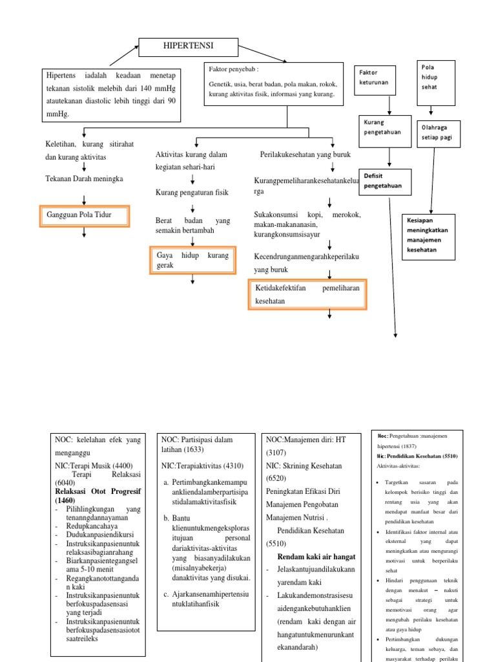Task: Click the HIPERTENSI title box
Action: [x=190, y=46]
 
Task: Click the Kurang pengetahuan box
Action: [x=384, y=127]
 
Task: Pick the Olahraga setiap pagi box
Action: [x=442, y=132]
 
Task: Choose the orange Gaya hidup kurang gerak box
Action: [x=192, y=260]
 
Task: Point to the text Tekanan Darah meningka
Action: [x=84, y=178]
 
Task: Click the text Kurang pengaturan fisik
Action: [x=192, y=192]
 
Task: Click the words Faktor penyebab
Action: [x=233, y=69]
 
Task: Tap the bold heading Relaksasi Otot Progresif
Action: [x=98, y=491]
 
